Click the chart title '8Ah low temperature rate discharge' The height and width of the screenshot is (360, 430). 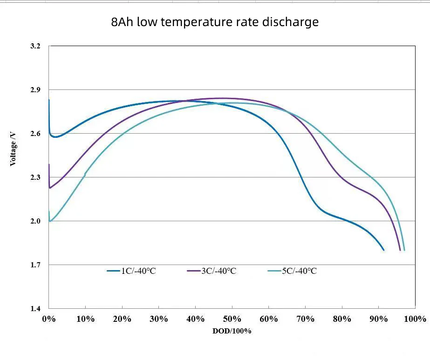coord(215,22)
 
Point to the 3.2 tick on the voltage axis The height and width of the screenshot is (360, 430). coord(35,46)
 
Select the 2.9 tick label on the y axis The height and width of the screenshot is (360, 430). coord(35,89)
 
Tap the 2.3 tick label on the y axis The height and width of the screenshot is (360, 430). coord(35,177)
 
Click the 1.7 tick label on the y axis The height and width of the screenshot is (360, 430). coord(35,265)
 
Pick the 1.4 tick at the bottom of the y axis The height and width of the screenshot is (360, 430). coord(35,309)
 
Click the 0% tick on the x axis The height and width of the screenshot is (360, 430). coord(48,319)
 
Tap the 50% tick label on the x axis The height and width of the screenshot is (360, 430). coord(232,319)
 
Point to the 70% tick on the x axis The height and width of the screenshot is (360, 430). coord(305,319)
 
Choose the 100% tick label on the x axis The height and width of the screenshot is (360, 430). coord(414,319)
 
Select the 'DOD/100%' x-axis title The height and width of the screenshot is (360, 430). coord(232,331)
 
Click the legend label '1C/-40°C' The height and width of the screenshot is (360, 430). coord(138,271)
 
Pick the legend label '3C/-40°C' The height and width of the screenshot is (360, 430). coord(218,271)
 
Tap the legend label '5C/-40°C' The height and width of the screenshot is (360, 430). coord(299,271)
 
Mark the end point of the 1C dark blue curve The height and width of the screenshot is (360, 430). coord(383,250)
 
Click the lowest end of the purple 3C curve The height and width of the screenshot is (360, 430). coord(400,250)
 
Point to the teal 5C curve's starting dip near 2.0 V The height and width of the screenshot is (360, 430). coord(50,221)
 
